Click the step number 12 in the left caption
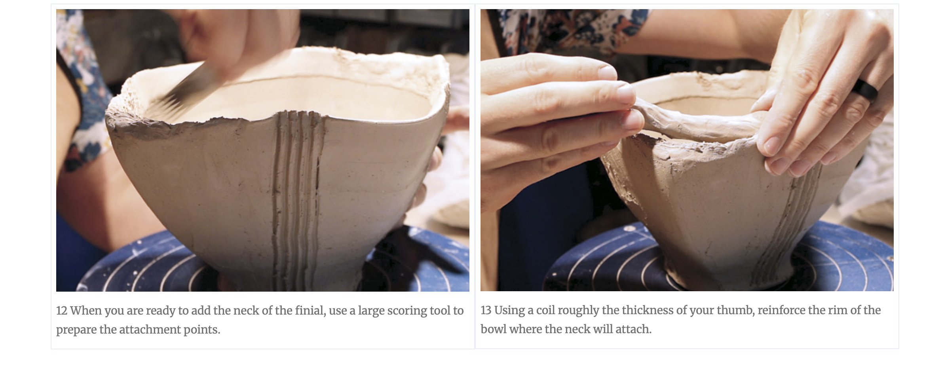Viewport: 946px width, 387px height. [x=62, y=311]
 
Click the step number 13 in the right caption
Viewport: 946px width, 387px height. [x=486, y=311]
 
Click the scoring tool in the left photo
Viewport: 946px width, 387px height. [x=186, y=89]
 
